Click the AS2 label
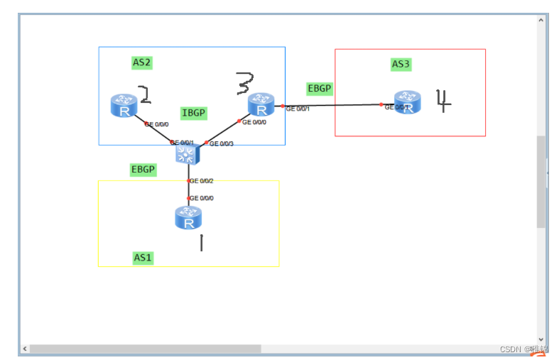point(142,62)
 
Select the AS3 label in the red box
point(401,65)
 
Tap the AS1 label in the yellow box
point(143,257)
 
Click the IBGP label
point(194,113)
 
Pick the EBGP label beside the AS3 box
point(319,89)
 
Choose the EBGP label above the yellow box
point(143,170)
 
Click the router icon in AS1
point(188,218)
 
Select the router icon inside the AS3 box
point(407,102)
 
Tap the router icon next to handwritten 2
point(124,106)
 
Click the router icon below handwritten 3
point(261,104)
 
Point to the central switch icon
point(187,151)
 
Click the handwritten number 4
point(443,101)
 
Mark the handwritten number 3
point(244,84)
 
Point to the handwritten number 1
point(201,243)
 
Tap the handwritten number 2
point(144,94)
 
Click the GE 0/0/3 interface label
point(222,143)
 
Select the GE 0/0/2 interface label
point(202,181)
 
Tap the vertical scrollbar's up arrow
point(541,20)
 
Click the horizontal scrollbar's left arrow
point(25,349)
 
